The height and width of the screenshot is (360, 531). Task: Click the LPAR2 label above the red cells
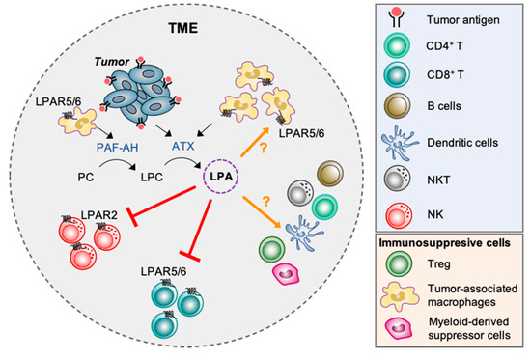(x=70, y=208)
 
